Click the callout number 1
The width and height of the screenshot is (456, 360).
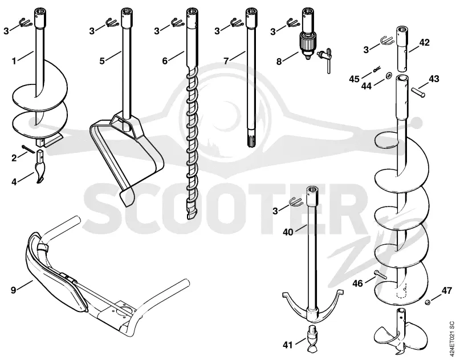pos(14,62)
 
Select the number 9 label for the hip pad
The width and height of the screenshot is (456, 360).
pos(13,290)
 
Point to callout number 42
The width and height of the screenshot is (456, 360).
pos(424,42)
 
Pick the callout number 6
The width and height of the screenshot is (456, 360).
pos(165,62)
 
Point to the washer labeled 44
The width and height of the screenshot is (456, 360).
pos(388,76)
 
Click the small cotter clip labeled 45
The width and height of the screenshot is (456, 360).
pos(377,69)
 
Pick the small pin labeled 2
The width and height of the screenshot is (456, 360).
pos(28,148)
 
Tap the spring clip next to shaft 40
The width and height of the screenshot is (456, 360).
pos(296,201)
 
